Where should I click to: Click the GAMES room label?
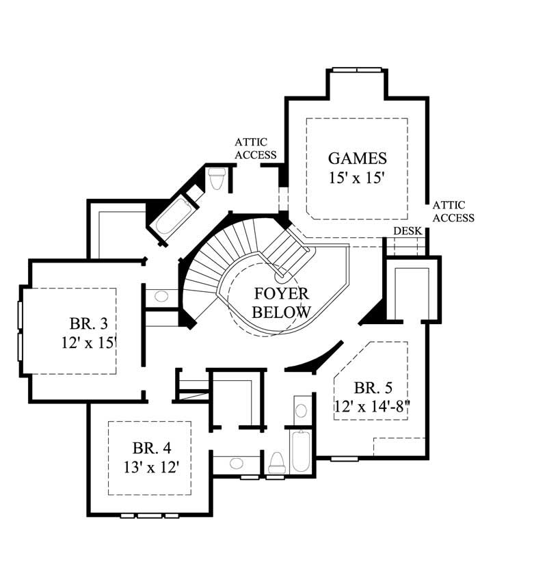click(357, 159)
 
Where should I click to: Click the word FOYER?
click(282, 294)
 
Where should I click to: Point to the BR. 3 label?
click(89, 322)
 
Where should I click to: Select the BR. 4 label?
click(151, 449)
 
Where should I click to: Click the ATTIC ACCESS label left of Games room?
click(256, 148)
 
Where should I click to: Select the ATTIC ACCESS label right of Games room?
click(453, 211)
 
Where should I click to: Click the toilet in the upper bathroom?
click(217, 179)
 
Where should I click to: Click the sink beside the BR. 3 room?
click(162, 297)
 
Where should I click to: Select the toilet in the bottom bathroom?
click(277, 462)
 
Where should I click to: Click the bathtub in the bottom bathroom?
click(301, 451)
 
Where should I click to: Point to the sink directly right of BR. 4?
click(236, 464)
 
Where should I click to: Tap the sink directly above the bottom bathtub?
click(301, 411)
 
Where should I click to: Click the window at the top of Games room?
click(356, 70)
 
